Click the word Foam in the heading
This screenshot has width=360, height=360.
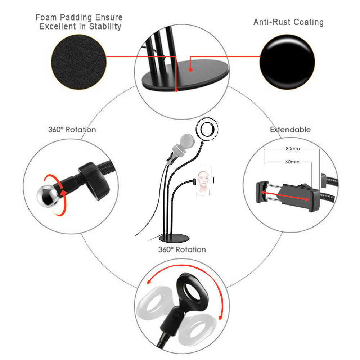pos(46,17)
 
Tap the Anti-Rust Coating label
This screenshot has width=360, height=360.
pos(289,22)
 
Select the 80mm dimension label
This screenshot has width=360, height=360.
pos(293,149)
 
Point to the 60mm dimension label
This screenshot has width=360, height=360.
pos(292,162)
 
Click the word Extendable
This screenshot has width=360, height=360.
pos(291,130)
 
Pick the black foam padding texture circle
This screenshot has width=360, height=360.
pos(79,62)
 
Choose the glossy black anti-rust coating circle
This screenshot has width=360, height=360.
pos(287,62)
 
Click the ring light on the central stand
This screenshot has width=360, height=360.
pos(207,129)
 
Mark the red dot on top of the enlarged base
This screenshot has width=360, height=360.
pos(190,69)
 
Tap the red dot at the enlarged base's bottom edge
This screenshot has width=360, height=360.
pos(176,90)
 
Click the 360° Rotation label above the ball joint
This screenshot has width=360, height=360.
pos(72,130)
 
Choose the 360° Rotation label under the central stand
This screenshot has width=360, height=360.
pos(182,249)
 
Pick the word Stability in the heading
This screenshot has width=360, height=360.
pos(105,26)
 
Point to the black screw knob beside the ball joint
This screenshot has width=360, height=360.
pos(94,181)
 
